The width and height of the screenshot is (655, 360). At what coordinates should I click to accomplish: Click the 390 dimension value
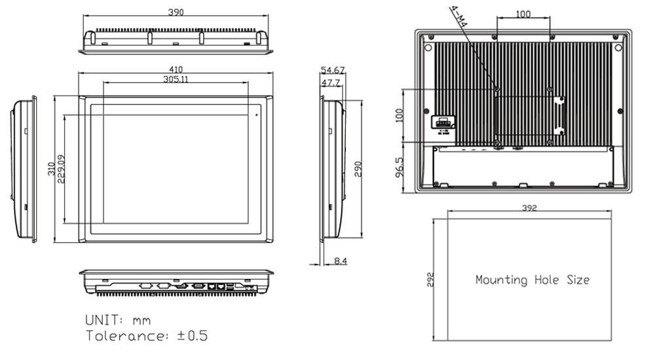[176, 12]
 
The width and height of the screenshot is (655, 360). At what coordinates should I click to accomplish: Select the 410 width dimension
[176, 69]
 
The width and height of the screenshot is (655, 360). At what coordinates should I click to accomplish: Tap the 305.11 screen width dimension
[176, 79]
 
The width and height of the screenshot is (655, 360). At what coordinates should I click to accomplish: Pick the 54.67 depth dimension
[333, 70]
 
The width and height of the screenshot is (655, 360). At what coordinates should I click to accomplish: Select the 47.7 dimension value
[330, 83]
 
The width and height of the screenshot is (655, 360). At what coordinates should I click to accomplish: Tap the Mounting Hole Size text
[532, 280]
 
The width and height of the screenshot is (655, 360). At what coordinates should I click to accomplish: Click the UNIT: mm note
[118, 320]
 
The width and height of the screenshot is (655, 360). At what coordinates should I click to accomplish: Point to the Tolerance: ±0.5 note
[147, 336]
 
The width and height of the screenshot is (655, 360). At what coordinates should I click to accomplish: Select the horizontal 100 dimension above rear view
[523, 14]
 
